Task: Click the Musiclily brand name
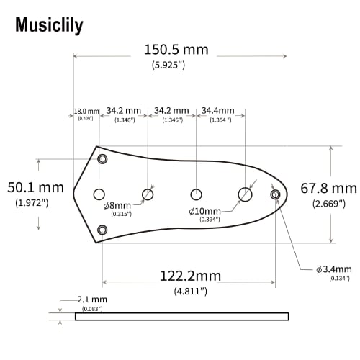tap(49, 26)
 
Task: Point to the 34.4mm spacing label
tap(217, 111)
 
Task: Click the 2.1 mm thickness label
tap(91, 299)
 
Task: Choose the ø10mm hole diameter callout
tap(204, 211)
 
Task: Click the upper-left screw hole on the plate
tap(102, 158)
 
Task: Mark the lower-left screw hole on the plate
tap(102, 230)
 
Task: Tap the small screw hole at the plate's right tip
tap(274, 194)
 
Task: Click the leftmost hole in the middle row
tap(99, 194)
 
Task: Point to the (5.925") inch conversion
tap(168, 65)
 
